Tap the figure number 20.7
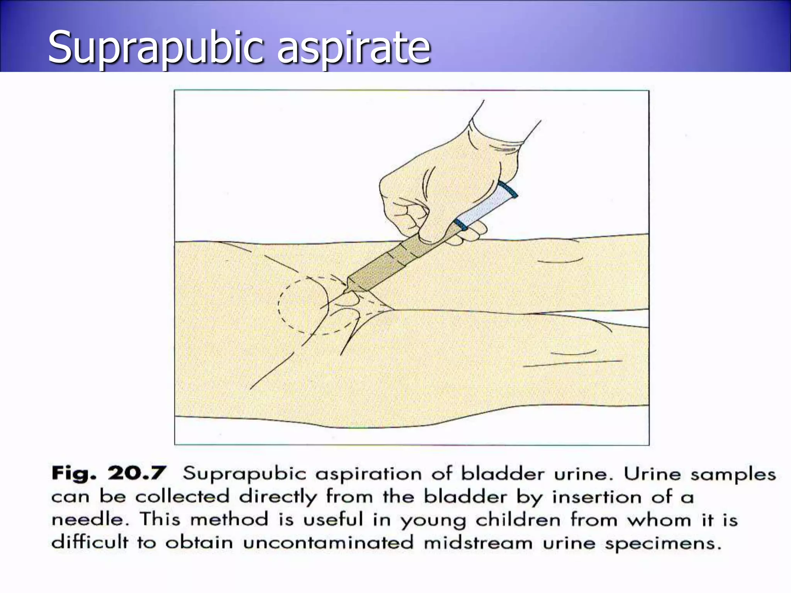pos(137,473)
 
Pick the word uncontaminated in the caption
pos(328,542)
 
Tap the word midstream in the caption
pos(478,542)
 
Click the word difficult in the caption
pos(90,542)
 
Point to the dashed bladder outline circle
pos(279,305)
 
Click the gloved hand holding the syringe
pos(444,181)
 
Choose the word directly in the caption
pos(278,496)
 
